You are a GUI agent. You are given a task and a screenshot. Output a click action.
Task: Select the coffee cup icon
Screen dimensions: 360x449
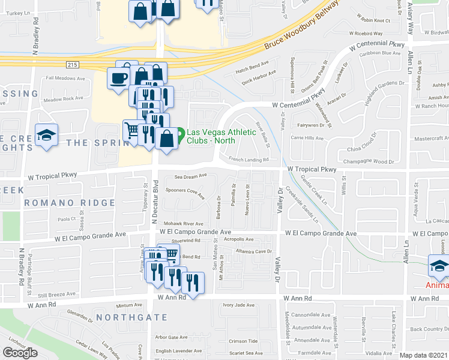click(117, 77)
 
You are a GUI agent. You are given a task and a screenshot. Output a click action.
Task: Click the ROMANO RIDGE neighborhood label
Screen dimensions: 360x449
click(70, 203)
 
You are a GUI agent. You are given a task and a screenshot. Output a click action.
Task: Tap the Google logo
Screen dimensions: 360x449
click(20, 353)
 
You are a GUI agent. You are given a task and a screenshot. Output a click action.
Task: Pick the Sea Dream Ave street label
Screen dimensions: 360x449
click(190, 176)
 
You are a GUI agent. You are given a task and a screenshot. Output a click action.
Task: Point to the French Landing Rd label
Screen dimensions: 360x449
click(248, 159)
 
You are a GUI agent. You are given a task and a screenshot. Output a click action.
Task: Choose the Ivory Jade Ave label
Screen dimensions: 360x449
click(239, 305)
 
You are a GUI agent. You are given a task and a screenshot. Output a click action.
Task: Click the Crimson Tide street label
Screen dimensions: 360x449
click(243, 340)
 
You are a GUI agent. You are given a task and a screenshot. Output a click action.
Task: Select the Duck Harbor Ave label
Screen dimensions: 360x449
click(258, 73)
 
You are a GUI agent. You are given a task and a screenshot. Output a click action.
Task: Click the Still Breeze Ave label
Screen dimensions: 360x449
click(55, 294)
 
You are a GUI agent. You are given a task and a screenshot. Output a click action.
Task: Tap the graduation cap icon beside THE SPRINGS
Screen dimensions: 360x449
click(45, 135)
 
